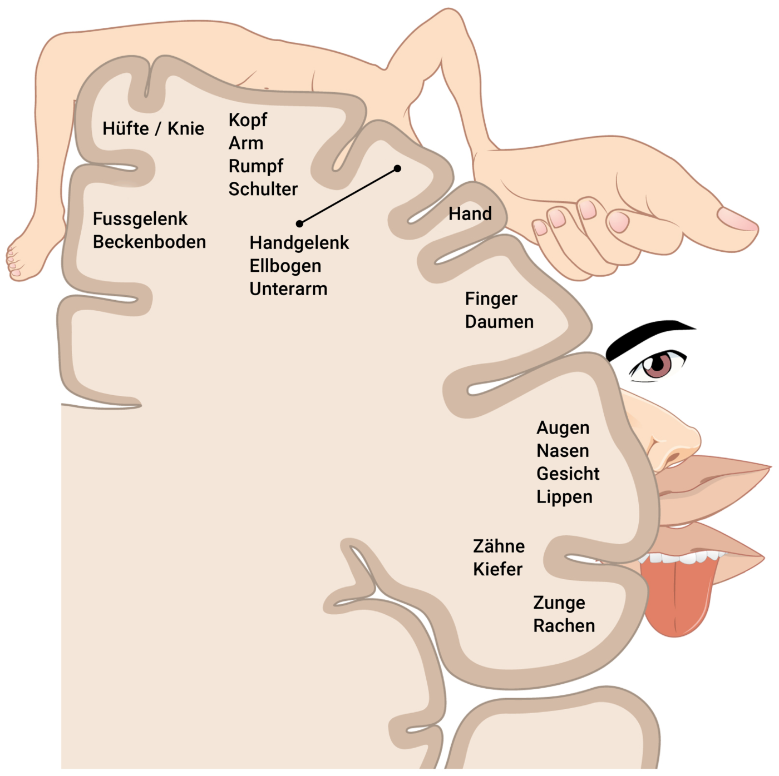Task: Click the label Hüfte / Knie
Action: pos(153,129)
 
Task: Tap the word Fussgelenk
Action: pos(140,219)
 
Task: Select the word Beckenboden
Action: pos(149,242)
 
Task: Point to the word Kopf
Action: pos(248,120)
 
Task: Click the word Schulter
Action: pos(263,189)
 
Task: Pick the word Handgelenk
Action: pos(299,243)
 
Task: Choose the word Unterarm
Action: pos(288,289)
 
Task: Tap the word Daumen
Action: pos(499,322)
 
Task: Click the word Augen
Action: pos(563,428)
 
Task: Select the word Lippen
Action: pos(564,497)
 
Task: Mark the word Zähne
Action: pos(499,546)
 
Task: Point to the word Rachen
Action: pos(564,626)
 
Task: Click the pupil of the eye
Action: pos(658,365)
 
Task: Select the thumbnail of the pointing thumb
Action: pos(737,220)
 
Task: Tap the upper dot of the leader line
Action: pos(397,168)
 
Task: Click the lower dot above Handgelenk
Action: pos(299,223)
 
